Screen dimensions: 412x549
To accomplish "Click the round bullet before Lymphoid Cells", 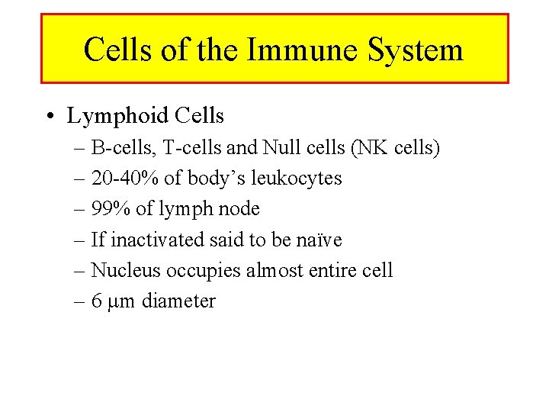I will (x=49, y=117).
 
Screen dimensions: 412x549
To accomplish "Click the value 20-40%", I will (x=127, y=179).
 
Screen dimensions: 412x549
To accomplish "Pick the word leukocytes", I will (x=297, y=179).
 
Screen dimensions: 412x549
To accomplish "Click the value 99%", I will (x=111, y=209).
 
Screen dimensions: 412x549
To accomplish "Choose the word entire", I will (x=332, y=270).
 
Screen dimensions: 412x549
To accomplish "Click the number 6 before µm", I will (x=96, y=301).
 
